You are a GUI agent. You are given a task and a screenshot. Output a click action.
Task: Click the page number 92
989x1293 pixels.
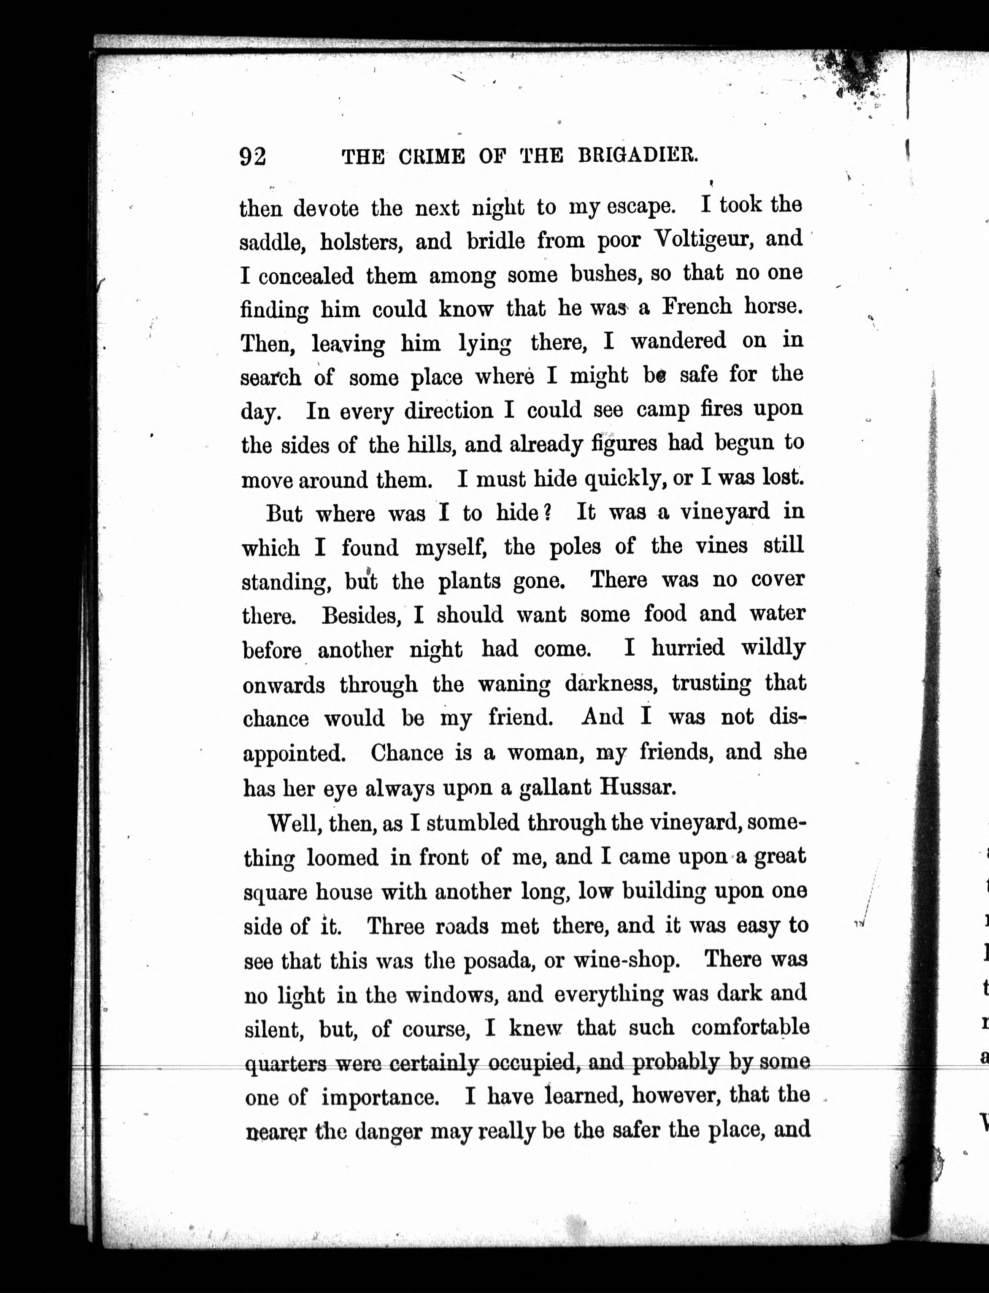253,157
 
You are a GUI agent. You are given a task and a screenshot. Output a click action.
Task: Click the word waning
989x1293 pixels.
514,684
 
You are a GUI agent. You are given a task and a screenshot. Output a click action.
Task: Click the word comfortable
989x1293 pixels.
750,1029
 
